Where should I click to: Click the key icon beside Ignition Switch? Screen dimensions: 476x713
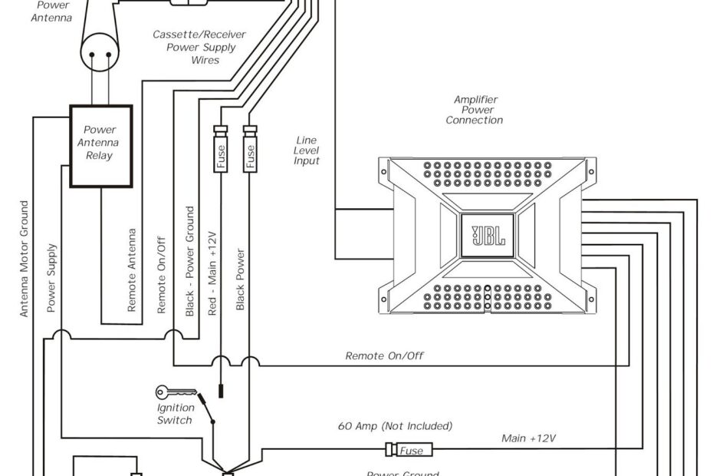pyautogui.click(x=170, y=392)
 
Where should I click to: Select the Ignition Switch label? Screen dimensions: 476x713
pyautogui.click(x=176, y=415)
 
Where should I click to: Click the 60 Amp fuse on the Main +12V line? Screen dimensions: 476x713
pyautogui.click(x=410, y=451)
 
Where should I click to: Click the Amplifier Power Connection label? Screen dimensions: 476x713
pyautogui.click(x=475, y=110)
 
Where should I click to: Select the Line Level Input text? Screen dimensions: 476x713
pyautogui.click(x=307, y=150)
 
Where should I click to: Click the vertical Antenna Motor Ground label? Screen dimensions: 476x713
pyautogui.click(x=25, y=259)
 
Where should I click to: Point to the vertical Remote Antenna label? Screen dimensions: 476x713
pyautogui.click(x=132, y=269)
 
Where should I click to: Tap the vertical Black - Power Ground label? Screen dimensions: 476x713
pyautogui.click(x=190, y=261)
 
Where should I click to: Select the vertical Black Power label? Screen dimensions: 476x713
pyautogui.click(x=240, y=279)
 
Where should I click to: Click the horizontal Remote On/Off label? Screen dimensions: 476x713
pyautogui.click(x=384, y=355)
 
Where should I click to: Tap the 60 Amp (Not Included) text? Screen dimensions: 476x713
pyautogui.click(x=395, y=425)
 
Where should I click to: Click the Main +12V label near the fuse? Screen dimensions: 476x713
pyautogui.click(x=528, y=438)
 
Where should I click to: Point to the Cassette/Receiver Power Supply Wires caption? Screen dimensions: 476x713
pyautogui.click(x=194, y=47)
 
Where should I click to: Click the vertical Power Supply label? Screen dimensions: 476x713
pyautogui.click(x=51, y=277)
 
